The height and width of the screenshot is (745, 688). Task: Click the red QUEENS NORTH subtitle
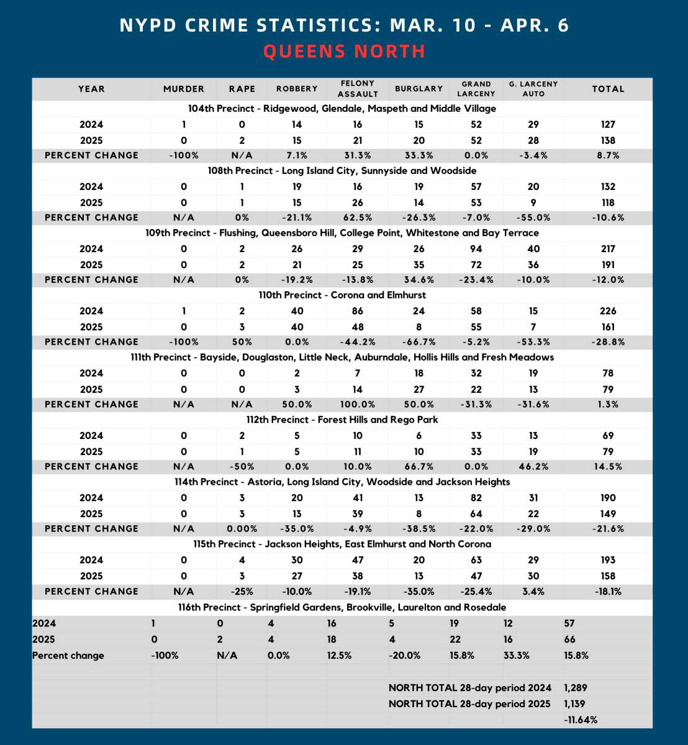pyautogui.click(x=344, y=51)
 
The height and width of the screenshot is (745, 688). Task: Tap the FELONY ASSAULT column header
pyautogui.click(x=358, y=89)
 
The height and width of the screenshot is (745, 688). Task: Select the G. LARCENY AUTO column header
pyautogui.click(x=533, y=89)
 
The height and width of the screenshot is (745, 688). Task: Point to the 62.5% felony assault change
pyautogui.click(x=358, y=217)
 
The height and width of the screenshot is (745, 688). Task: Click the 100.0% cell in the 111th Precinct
pyautogui.click(x=358, y=404)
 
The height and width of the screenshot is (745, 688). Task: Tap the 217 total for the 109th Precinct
pyautogui.click(x=608, y=249)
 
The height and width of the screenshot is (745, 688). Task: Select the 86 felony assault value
pyautogui.click(x=358, y=311)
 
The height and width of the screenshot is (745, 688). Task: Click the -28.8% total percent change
pyautogui.click(x=608, y=342)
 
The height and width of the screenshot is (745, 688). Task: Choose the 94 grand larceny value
pyautogui.click(x=476, y=249)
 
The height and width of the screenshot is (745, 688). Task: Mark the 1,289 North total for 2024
pyautogui.click(x=575, y=688)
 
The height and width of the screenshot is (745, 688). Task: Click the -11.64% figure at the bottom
pyautogui.click(x=581, y=720)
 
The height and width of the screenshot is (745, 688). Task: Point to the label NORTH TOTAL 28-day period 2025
pyautogui.click(x=470, y=704)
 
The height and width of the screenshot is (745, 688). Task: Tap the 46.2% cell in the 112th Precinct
pyautogui.click(x=533, y=466)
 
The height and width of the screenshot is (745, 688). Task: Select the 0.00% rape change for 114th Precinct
pyautogui.click(x=242, y=529)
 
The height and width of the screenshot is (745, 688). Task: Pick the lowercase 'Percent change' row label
pyautogui.click(x=68, y=656)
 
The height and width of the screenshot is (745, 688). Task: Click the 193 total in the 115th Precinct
pyautogui.click(x=608, y=560)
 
